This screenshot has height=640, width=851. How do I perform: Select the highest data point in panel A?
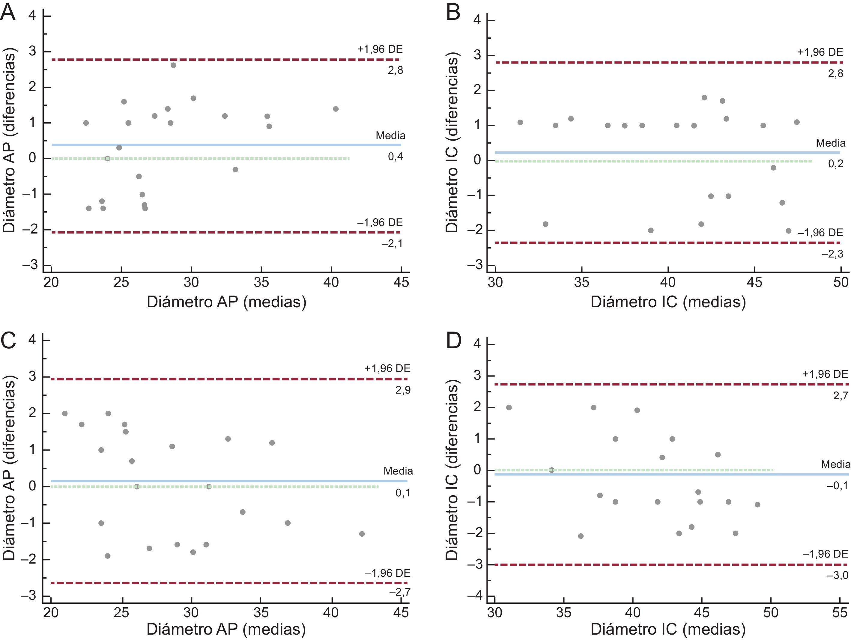point(174,65)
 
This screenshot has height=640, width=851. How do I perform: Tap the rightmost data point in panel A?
point(336,109)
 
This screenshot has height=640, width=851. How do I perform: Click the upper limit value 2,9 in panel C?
point(403,390)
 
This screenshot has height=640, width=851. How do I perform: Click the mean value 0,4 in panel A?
point(395,156)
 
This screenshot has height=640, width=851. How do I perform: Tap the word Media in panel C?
point(398,471)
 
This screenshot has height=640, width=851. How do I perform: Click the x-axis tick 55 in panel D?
point(840,612)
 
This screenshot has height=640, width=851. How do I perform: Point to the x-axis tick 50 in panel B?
point(841,282)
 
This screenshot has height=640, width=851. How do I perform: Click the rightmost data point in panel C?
point(362,534)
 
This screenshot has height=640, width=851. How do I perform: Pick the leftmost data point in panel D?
point(509,407)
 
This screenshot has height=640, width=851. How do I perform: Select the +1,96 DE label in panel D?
point(825,374)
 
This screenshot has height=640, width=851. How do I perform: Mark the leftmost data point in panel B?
point(520,122)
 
